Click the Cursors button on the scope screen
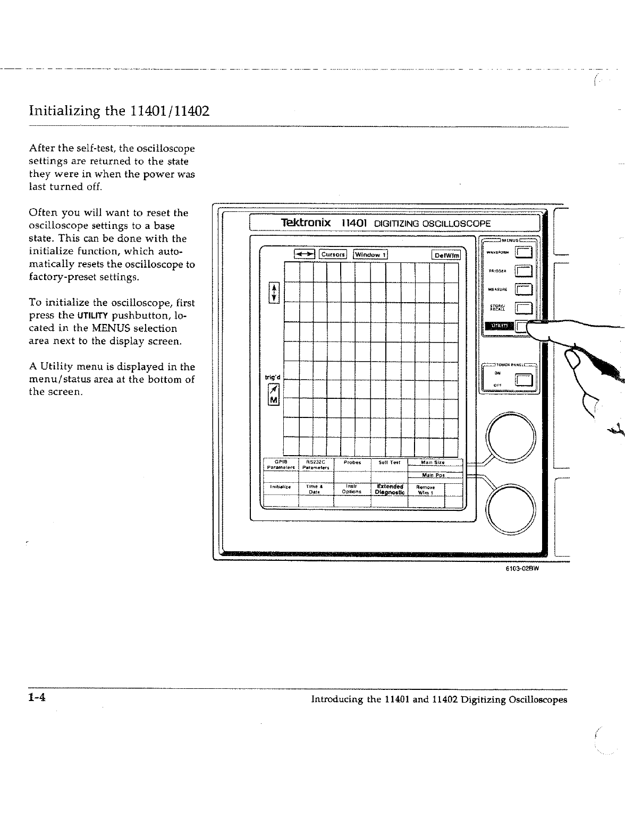coord(333,254)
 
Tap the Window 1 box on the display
coord(371,254)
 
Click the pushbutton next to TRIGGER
coord(524,272)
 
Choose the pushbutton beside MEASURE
coord(524,290)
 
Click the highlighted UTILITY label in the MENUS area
coord(498,326)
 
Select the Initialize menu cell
coord(280,486)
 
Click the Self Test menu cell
coord(389,462)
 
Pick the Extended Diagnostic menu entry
coord(390,489)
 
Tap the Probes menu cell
coord(352,462)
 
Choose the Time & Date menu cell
coord(314,489)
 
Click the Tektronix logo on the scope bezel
coord(307,223)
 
